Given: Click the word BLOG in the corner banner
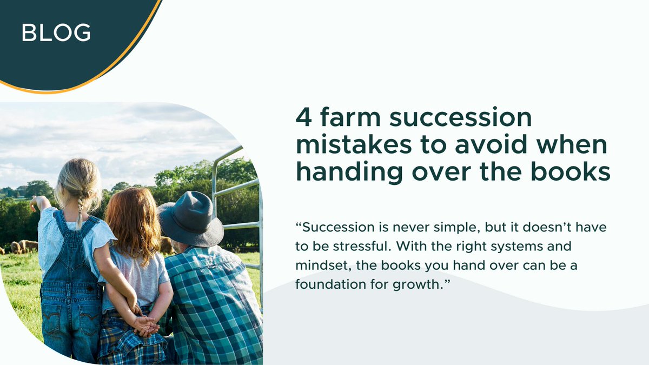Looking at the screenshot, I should [56, 34].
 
